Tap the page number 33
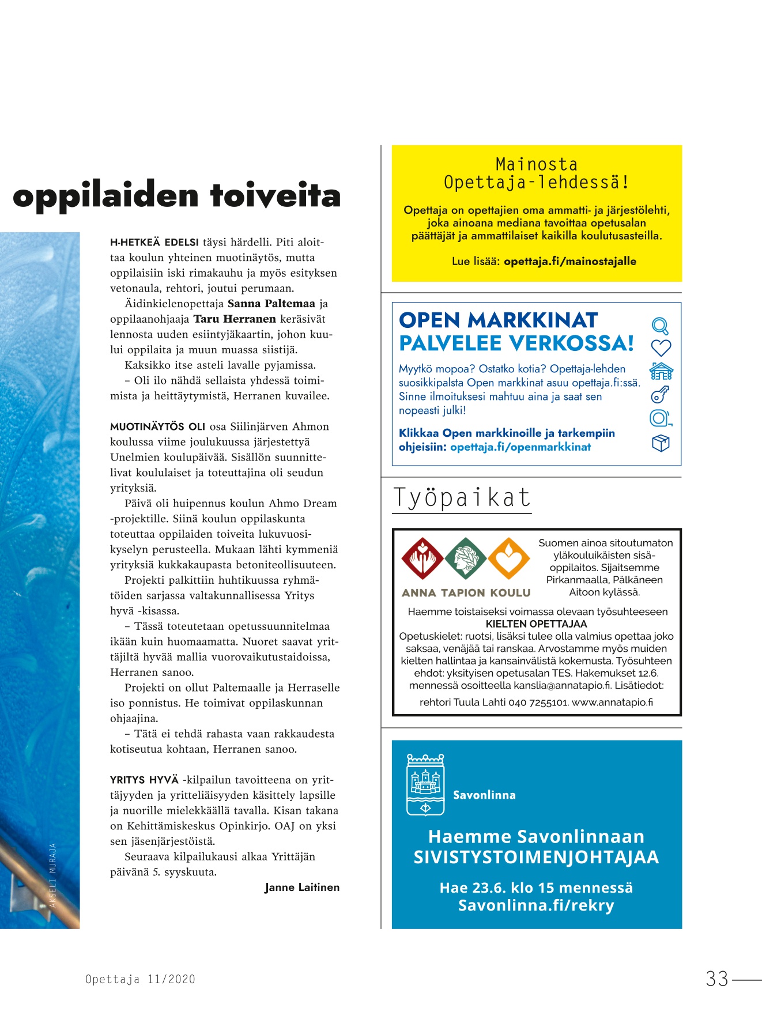(718, 979)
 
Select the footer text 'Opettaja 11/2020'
(140, 979)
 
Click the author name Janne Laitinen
(302, 887)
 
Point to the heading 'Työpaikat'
(462, 498)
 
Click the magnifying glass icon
(660, 326)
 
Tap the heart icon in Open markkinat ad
(661, 348)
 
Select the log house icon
(661, 371)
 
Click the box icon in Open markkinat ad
(661, 443)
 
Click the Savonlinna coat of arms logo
(425, 784)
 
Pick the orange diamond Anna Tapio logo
(509, 558)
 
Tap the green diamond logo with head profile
(466, 558)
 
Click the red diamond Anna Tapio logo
(423, 558)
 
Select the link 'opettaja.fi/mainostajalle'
(570, 261)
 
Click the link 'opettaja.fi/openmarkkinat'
(520, 447)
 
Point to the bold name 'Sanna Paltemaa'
(271, 304)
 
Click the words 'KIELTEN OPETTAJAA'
(536, 624)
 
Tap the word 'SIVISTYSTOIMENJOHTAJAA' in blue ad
(536, 857)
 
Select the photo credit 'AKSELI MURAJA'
(53, 875)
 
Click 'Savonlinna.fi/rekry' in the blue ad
(536, 905)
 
